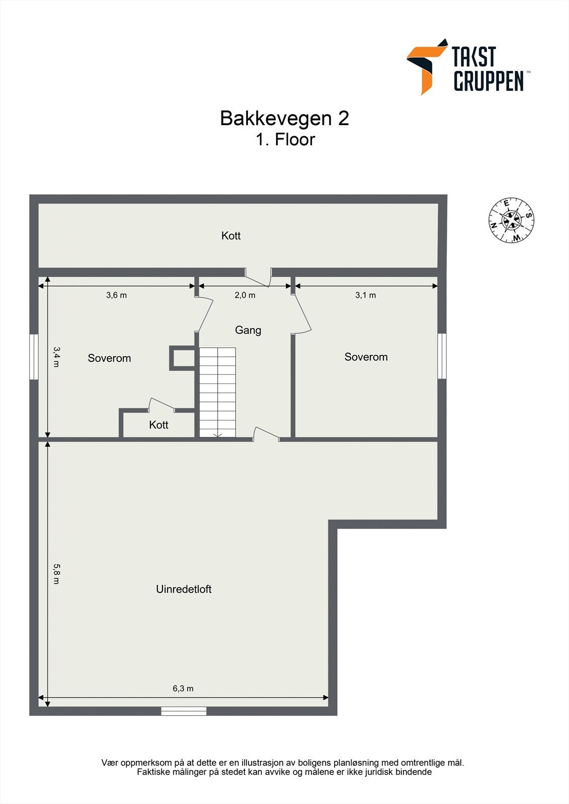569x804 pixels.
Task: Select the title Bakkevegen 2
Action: (x=284, y=119)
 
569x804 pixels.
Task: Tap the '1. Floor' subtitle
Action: (x=285, y=139)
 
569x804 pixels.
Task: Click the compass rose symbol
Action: (x=511, y=220)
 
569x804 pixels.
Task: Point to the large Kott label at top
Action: (x=231, y=236)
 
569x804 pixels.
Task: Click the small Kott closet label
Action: (x=158, y=425)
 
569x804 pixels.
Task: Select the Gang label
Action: (x=248, y=330)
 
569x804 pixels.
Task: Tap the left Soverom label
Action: (x=109, y=358)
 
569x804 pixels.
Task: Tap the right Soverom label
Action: (x=366, y=357)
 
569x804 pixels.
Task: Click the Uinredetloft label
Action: (x=184, y=589)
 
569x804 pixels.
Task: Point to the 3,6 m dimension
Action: (x=116, y=295)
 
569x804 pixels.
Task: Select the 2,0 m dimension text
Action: (x=245, y=295)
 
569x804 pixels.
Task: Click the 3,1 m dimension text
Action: (x=366, y=295)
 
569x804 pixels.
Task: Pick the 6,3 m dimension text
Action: (x=183, y=689)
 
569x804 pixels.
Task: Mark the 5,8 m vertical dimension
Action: (x=56, y=573)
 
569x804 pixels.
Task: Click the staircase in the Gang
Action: (x=217, y=392)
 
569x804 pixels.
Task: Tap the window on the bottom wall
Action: (x=184, y=711)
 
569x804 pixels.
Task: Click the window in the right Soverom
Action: (x=442, y=356)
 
